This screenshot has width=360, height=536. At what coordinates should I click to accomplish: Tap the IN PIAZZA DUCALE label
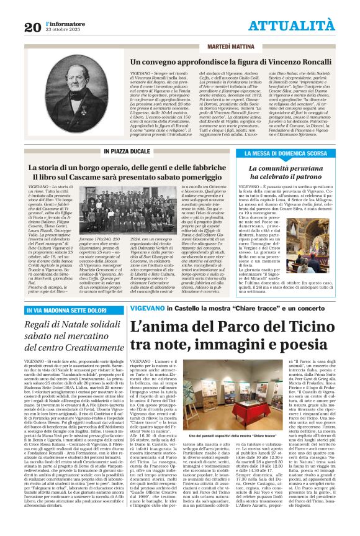pyautogui.click(x=127, y=151)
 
